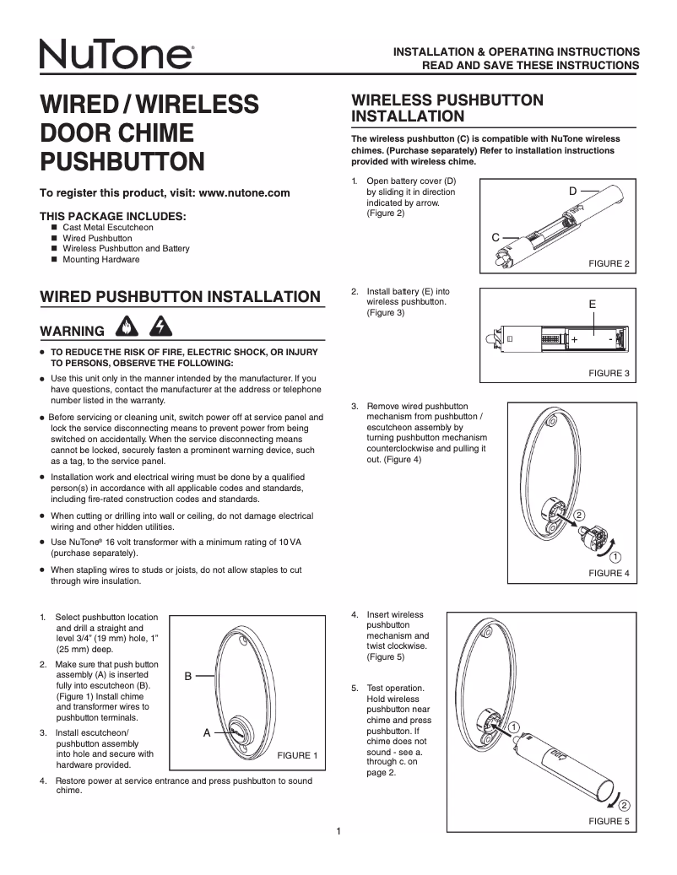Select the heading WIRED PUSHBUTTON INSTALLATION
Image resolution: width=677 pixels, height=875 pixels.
181,296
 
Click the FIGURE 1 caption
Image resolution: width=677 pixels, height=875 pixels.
297,755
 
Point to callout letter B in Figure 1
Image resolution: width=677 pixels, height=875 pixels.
189,676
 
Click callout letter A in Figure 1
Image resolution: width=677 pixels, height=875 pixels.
206,733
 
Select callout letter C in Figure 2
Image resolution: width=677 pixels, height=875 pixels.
496,237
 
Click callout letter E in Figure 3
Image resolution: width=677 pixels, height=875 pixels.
593,303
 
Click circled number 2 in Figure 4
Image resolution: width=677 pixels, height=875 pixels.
579,515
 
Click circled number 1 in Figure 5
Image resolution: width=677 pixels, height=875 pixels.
514,728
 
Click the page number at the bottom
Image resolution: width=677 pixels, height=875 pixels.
338,833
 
